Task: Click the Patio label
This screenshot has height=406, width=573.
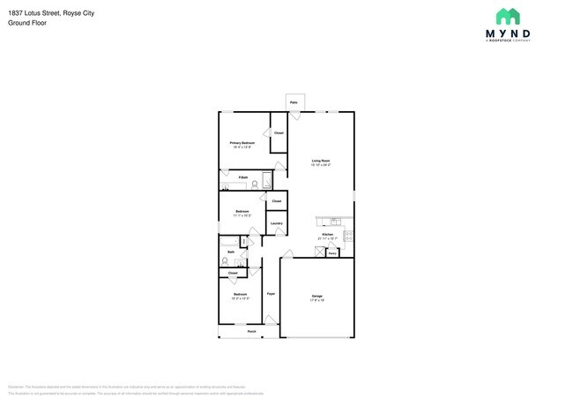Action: coord(294,103)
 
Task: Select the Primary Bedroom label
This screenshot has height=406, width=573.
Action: coord(242,142)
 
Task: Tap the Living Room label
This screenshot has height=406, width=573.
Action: coord(320,161)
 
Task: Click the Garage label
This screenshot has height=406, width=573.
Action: coord(316,296)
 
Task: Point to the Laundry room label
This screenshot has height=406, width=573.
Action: coord(276,223)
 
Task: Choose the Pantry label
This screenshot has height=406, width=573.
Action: coord(332,252)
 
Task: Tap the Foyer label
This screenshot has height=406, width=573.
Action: coord(272,293)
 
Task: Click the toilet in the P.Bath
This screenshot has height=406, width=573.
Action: coord(254,185)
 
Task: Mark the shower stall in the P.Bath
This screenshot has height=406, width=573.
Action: coord(266,182)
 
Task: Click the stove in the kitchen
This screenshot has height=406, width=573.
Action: coord(349,236)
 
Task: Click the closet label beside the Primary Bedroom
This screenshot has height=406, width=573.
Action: coord(278,133)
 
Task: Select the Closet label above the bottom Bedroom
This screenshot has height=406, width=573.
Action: coord(233,274)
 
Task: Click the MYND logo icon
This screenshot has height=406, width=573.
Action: coord(507,16)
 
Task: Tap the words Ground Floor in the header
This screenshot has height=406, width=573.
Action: coord(27,23)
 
